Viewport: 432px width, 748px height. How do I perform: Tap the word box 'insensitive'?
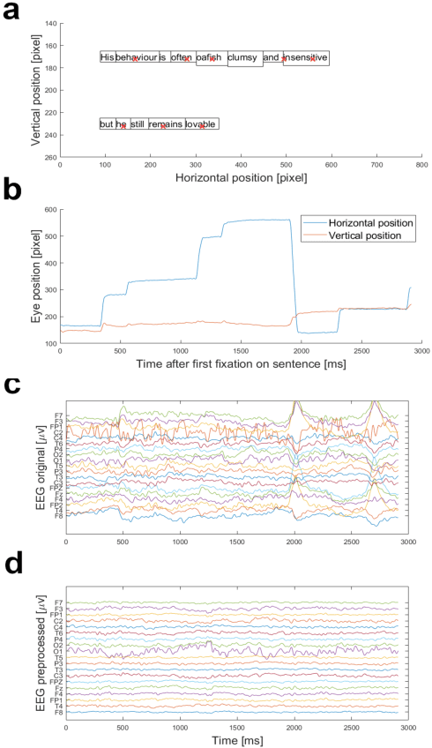(x=307, y=58)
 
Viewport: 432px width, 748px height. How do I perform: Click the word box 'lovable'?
(x=201, y=124)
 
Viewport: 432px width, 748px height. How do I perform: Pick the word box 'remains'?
(x=166, y=124)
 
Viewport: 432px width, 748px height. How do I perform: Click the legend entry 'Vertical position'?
(x=361, y=236)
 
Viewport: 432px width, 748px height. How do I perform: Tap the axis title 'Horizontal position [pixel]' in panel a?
(x=241, y=177)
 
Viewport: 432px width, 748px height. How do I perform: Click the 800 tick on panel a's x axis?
(x=421, y=165)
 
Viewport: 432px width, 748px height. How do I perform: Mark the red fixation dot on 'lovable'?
(x=202, y=126)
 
